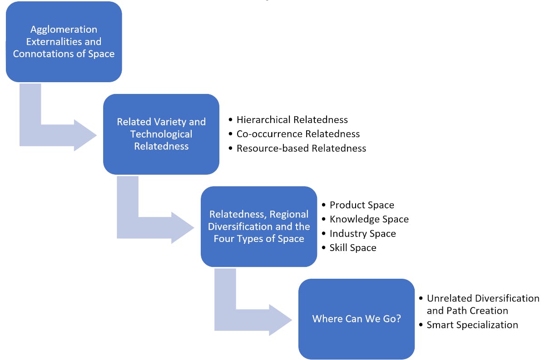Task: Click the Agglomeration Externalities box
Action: pos(64,42)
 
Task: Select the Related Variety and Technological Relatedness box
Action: pos(161,134)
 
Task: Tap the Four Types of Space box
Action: pos(259,226)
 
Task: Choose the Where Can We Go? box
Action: pos(357,319)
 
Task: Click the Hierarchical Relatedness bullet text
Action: pos(292,120)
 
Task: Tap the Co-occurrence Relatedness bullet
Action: pos(298,134)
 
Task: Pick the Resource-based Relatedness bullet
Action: pos(301,148)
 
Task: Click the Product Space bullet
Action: pos(362,205)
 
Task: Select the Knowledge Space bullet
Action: pos(369,219)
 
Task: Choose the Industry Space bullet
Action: pos(362,233)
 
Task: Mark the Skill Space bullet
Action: pos(353,247)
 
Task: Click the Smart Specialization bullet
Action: pos(472,325)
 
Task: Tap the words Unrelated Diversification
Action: pos(483,298)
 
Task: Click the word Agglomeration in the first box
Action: pos(64,30)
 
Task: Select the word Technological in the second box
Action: pos(161,134)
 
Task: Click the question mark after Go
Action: pos(398,319)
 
